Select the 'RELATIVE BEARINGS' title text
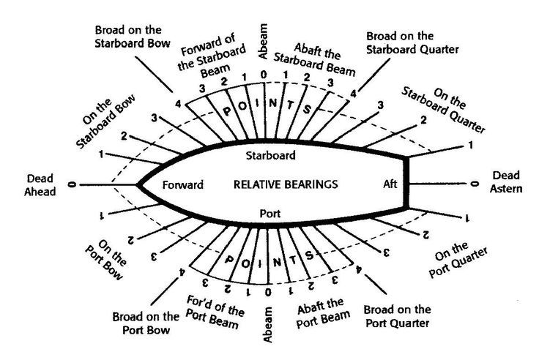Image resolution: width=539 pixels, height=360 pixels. click(286, 184)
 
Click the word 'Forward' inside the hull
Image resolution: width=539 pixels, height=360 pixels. click(183, 184)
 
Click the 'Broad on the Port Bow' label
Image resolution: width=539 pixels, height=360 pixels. click(146, 323)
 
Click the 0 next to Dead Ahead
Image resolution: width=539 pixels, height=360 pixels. click(72, 185)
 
